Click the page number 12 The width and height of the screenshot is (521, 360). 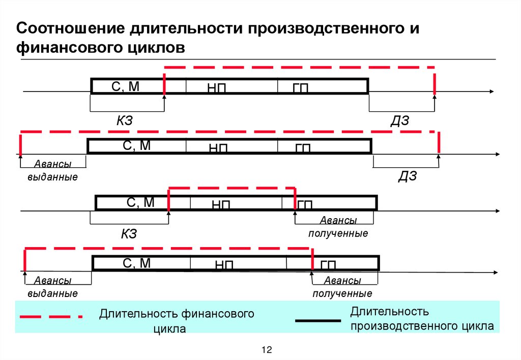(x=267, y=350)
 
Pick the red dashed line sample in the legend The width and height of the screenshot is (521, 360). (x=51, y=316)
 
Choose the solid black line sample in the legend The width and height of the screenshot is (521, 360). (x=318, y=321)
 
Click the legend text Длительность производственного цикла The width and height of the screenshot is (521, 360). (x=421, y=318)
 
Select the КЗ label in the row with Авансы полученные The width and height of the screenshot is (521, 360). (x=129, y=234)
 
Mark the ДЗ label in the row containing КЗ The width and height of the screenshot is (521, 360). (x=400, y=120)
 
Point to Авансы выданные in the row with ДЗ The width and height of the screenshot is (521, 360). (x=53, y=171)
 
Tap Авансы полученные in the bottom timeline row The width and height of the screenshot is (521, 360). (x=342, y=287)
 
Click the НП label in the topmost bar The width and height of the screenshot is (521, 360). (x=216, y=88)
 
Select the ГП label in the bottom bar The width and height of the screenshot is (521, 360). (x=328, y=265)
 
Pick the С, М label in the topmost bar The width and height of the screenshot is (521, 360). (x=125, y=86)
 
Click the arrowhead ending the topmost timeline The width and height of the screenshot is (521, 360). (x=490, y=92)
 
